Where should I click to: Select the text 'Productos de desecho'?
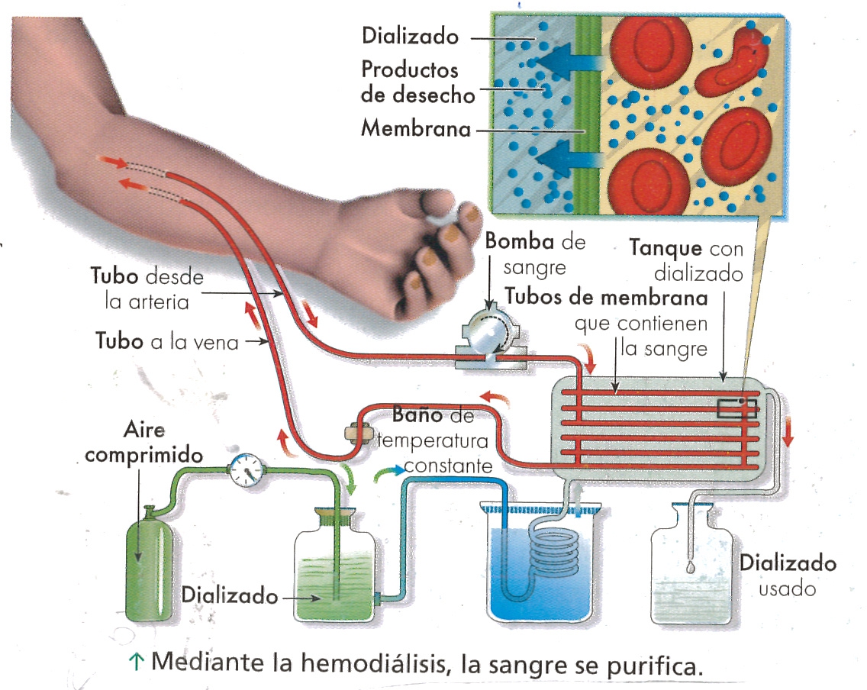417,82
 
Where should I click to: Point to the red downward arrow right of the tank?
788,432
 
